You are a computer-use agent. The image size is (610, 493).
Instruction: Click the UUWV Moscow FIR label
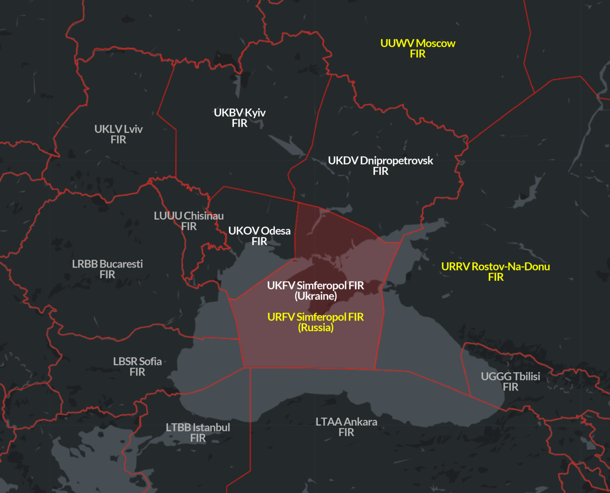coord(418,48)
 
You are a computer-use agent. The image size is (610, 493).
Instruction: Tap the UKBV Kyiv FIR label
coord(239,118)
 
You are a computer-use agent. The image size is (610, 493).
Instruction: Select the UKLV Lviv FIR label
coord(118,134)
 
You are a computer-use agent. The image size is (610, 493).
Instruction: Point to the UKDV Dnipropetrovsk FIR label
coord(380,165)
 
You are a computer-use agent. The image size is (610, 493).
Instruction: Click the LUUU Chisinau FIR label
coord(189,221)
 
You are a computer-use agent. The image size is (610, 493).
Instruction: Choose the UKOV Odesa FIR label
coord(259,236)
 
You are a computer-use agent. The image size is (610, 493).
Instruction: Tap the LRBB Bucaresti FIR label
coord(107,269)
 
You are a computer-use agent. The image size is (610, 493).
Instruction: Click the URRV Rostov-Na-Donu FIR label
coord(496,271)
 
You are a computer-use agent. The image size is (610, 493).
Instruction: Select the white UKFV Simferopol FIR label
coord(316,290)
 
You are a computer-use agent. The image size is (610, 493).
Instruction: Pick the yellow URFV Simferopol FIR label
coord(316,322)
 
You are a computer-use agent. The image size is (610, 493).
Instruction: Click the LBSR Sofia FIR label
coord(137,366)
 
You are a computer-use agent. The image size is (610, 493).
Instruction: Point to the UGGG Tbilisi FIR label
coord(510,381)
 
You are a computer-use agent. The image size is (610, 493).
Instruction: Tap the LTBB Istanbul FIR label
coord(198,432)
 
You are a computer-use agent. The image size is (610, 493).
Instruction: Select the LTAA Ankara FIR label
coord(346,427)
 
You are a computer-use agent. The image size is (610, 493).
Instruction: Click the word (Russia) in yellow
coord(316,328)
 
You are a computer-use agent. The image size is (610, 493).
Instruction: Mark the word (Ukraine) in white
coord(316,296)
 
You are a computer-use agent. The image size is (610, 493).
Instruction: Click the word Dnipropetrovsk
coord(396,160)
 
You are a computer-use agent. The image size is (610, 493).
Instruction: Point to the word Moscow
coord(436,43)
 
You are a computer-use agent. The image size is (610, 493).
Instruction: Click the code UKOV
coord(243,231)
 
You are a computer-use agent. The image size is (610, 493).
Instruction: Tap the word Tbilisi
coord(527,376)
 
